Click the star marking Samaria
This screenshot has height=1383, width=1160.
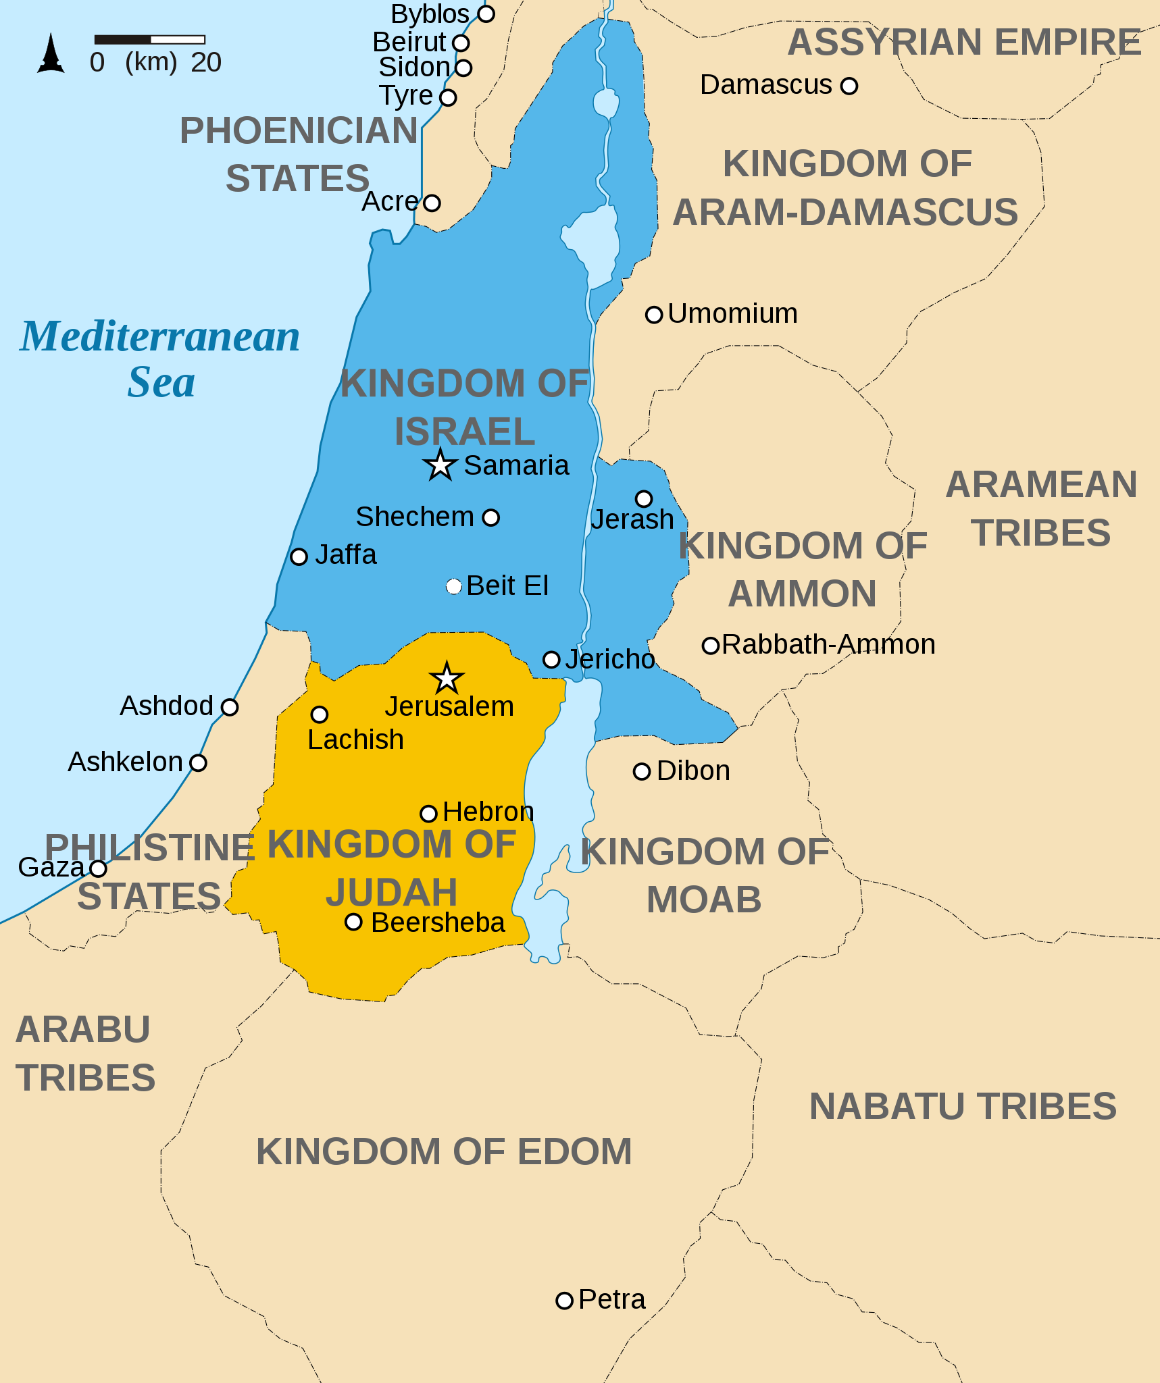click(x=440, y=465)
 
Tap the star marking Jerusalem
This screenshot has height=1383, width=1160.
click(x=447, y=679)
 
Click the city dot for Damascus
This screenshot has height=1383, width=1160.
click(x=849, y=86)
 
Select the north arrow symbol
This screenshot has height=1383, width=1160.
click(x=51, y=54)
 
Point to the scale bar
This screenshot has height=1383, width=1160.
click(x=149, y=40)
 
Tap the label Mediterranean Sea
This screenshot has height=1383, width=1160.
click(x=160, y=359)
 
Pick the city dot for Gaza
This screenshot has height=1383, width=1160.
click(x=99, y=868)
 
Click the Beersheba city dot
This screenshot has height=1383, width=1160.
click(x=353, y=922)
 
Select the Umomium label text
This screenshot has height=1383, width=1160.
click(x=732, y=314)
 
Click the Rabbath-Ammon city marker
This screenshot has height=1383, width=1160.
click(x=710, y=646)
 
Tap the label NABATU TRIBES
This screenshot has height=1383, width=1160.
click(x=963, y=1106)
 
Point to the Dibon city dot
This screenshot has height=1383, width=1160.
click(x=641, y=771)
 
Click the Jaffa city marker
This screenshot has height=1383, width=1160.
click(x=299, y=556)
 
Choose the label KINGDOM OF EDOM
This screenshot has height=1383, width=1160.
click(x=444, y=1151)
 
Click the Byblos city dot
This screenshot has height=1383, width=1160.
click(x=486, y=14)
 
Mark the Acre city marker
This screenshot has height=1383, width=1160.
click(x=432, y=203)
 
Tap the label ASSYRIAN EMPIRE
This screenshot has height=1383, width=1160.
click(x=964, y=43)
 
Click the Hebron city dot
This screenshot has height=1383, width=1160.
click(x=428, y=814)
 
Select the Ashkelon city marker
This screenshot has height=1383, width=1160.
click(x=198, y=763)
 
